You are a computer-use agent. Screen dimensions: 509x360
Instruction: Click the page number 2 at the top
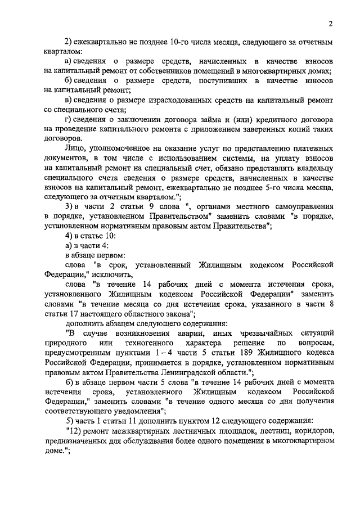[331, 23]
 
